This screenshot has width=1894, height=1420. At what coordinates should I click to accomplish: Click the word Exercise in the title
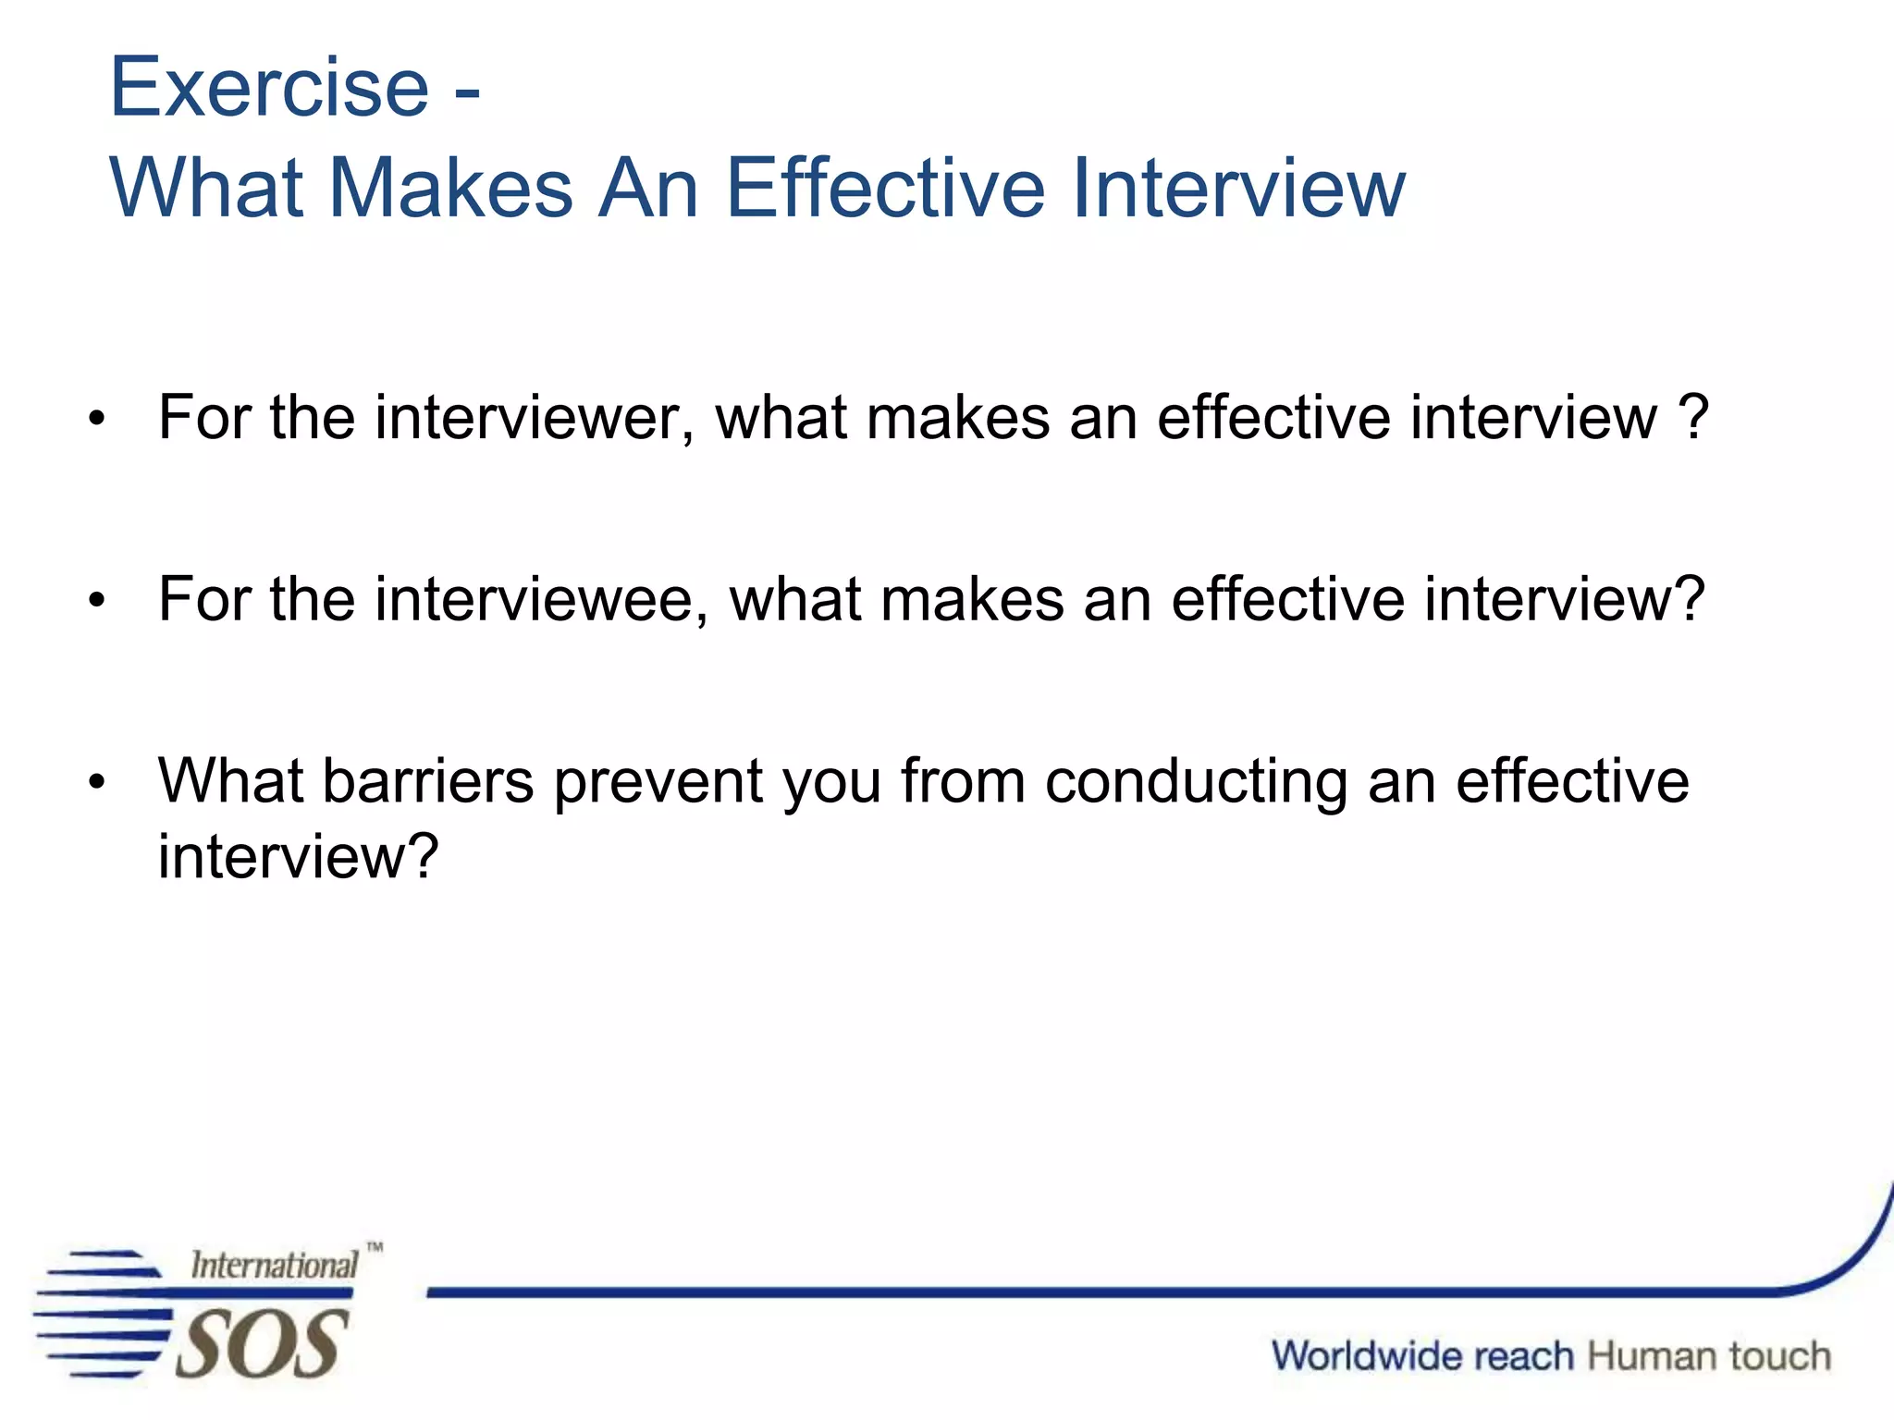(269, 88)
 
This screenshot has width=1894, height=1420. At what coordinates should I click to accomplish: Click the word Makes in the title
(450, 189)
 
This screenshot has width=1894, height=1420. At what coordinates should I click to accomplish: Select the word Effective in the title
(885, 189)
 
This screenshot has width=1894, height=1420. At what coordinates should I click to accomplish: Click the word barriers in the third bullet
(427, 782)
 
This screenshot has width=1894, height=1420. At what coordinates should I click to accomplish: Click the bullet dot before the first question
(97, 421)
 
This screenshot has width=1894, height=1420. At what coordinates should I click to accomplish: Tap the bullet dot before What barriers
(97, 784)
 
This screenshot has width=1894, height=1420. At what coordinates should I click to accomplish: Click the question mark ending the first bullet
(1692, 418)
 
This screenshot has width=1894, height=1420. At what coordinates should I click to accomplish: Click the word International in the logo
(274, 1266)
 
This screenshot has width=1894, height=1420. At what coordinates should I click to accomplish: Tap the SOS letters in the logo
(261, 1344)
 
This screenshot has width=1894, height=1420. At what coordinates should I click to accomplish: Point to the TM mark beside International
(375, 1247)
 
